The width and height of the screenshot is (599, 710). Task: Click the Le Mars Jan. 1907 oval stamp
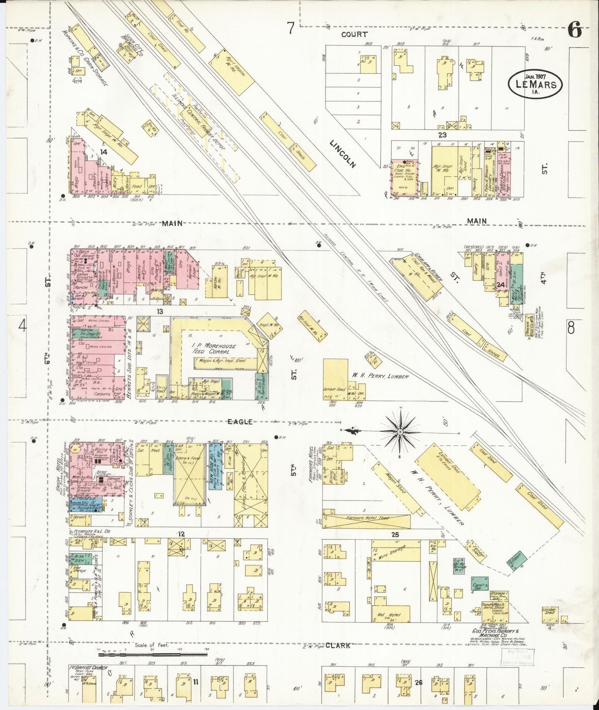(x=535, y=84)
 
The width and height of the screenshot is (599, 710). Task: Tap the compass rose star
(x=400, y=432)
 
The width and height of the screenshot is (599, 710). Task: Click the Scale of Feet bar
(x=153, y=655)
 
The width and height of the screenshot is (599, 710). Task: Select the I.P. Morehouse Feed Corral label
(x=213, y=348)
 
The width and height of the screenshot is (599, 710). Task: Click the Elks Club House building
(x=404, y=178)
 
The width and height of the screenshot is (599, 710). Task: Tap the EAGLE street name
(x=240, y=422)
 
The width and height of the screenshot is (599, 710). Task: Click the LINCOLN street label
(x=343, y=153)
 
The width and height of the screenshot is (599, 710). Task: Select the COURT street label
(x=354, y=34)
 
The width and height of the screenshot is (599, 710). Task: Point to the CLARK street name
(x=337, y=645)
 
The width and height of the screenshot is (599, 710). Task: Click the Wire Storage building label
(x=392, y=552)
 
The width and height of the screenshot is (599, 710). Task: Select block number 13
(x=159, y=312)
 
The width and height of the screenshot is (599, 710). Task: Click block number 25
(x=395, y=535)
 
